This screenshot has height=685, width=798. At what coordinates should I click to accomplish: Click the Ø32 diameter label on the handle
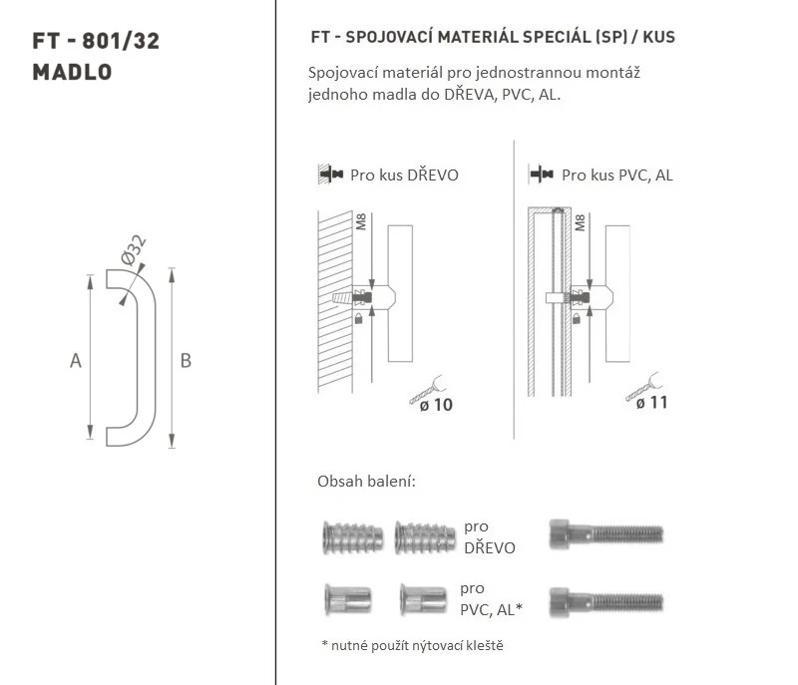point(134,249)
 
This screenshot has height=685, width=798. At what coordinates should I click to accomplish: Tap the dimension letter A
point(76,361)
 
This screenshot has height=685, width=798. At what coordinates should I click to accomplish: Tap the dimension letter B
point(186,361)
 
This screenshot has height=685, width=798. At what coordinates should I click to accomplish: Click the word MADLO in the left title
point(72,72)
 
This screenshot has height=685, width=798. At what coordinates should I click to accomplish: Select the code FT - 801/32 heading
point(96,41)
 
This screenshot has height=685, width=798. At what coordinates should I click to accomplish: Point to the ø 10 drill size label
point(436,405)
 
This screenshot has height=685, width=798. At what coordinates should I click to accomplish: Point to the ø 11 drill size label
point(652,403)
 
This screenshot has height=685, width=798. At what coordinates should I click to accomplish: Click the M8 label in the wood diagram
point(361,222)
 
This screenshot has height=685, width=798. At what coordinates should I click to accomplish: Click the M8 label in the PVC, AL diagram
point(580,222)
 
